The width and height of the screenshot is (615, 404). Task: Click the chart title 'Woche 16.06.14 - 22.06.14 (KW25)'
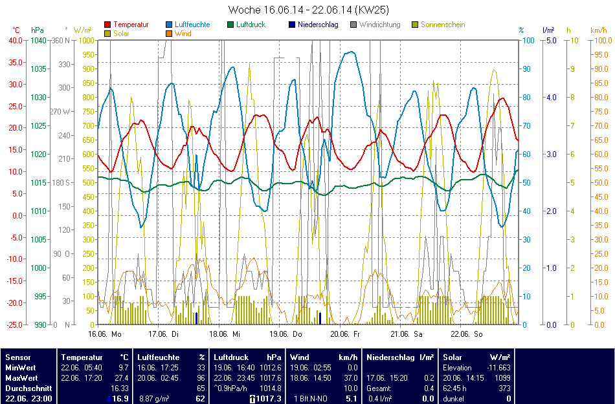[308, 10]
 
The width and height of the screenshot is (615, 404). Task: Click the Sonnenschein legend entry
[443, 25]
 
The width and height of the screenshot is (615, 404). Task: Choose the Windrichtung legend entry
[379, 25]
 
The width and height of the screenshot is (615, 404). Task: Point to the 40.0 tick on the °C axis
[15, 40]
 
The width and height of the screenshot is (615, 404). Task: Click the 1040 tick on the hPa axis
[38, 40]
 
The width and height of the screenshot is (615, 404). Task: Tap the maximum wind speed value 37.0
[350, 377]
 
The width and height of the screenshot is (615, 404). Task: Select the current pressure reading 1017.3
[269, 399]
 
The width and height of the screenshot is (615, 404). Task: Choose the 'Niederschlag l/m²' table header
[399, 357]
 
